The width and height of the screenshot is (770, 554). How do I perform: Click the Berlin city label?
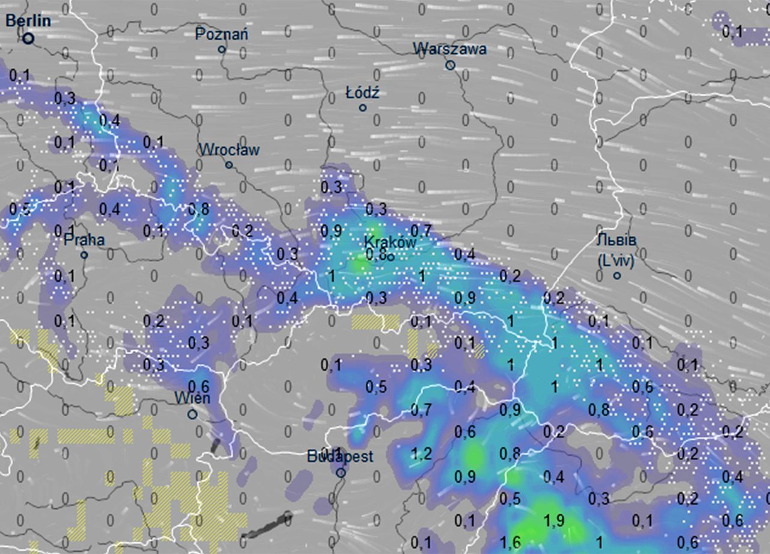[28, 21]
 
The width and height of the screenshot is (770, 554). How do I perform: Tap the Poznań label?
[221, 34]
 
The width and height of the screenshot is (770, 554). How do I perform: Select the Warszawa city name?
[450, 49]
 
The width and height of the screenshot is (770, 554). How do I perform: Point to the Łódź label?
[363, 93]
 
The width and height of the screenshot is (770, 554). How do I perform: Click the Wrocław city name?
[229, 149]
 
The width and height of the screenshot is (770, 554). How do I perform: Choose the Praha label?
[84, 240]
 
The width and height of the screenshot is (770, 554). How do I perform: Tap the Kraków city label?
[390, 242]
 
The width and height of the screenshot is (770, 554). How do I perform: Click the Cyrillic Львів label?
[617, 240]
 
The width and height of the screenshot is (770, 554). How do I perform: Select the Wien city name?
[192, 398]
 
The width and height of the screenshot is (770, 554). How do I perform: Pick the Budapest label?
[340, 457]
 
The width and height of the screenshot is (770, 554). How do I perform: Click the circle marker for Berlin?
[28, 38]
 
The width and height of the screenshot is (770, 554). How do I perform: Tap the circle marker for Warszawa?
[450, 65]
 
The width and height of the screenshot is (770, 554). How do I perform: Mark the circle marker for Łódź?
[363, 108]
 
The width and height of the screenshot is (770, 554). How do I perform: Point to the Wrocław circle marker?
[229, 165]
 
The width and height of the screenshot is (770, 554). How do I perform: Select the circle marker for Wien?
[192, 414]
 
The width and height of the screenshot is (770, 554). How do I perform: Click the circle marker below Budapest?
[340, 473]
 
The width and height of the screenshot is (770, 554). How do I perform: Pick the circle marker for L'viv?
[617, 275]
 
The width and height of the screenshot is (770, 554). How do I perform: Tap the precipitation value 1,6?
[510, 543]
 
